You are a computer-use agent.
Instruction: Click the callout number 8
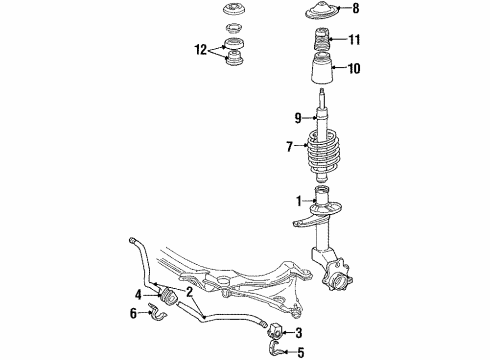point(356,8)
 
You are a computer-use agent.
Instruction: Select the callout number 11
point(354,40)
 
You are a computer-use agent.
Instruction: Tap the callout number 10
point(354,69)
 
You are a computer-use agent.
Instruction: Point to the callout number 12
point(201,50)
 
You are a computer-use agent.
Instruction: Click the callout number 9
point(298,118)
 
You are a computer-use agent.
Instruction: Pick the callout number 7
point(289,146)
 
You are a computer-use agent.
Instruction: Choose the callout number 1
point(299,201)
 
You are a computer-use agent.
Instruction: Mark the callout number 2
point(189,292)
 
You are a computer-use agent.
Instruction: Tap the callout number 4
point(138,295)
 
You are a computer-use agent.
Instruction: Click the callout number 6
point(133,313)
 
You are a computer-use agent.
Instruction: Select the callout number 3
point(299,332)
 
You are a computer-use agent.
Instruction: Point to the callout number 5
point(301,352)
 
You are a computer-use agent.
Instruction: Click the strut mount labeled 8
point(322,10)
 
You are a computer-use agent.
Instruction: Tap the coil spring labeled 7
point(323,152)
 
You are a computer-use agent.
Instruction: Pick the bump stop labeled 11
point(321,40)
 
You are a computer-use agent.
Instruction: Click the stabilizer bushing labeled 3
point(275,329)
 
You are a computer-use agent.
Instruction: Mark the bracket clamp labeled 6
point(157,312)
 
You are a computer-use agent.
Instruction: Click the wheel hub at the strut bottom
point(337,276)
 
